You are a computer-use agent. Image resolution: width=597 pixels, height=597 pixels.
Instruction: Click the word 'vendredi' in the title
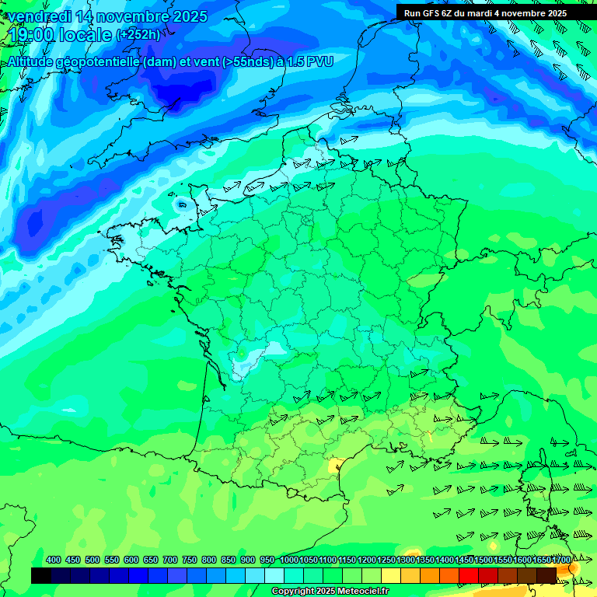pyautogui.click(x=40, y=16)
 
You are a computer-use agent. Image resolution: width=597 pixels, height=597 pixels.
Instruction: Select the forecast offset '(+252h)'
pyautogui.click(x=138, y=35)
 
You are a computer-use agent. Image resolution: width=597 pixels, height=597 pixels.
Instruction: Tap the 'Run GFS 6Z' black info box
pyautogui.click(x=486, y=13)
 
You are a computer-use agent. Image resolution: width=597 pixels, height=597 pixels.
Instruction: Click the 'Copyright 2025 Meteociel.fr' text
pyautogui.click(x=330, y=592)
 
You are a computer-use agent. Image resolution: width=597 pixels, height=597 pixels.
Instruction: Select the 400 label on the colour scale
pyautogui.click(x=54, y=560)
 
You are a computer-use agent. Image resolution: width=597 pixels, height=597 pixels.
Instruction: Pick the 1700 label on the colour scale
pyautogui.click(x=560, y=560)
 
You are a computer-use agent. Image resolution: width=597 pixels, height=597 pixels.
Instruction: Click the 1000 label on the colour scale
pyautogui.click(x=288, y=560)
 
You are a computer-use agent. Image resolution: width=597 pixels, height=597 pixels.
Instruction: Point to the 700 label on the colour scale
pyautogui.click(x=170, y=560)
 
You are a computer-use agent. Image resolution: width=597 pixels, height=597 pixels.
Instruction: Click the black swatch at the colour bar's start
pyautogui.click(x=41, y=575)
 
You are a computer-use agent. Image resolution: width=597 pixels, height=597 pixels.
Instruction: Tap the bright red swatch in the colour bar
pyautogui.click(x=469, y=575)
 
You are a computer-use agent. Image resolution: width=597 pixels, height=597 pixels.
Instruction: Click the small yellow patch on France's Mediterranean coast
pyautogui.click(x=336, y=465)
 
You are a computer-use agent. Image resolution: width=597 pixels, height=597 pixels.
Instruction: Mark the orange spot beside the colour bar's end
pyautogui.click(x=574, y=569)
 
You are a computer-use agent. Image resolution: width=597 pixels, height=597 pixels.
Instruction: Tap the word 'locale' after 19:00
pyautogui.click(x=87, y=35)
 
